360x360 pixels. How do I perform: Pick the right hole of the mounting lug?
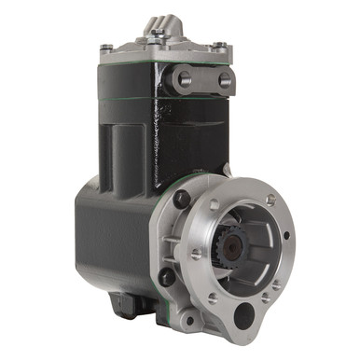coord(224,80)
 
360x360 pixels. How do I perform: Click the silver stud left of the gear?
coord(196,253)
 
